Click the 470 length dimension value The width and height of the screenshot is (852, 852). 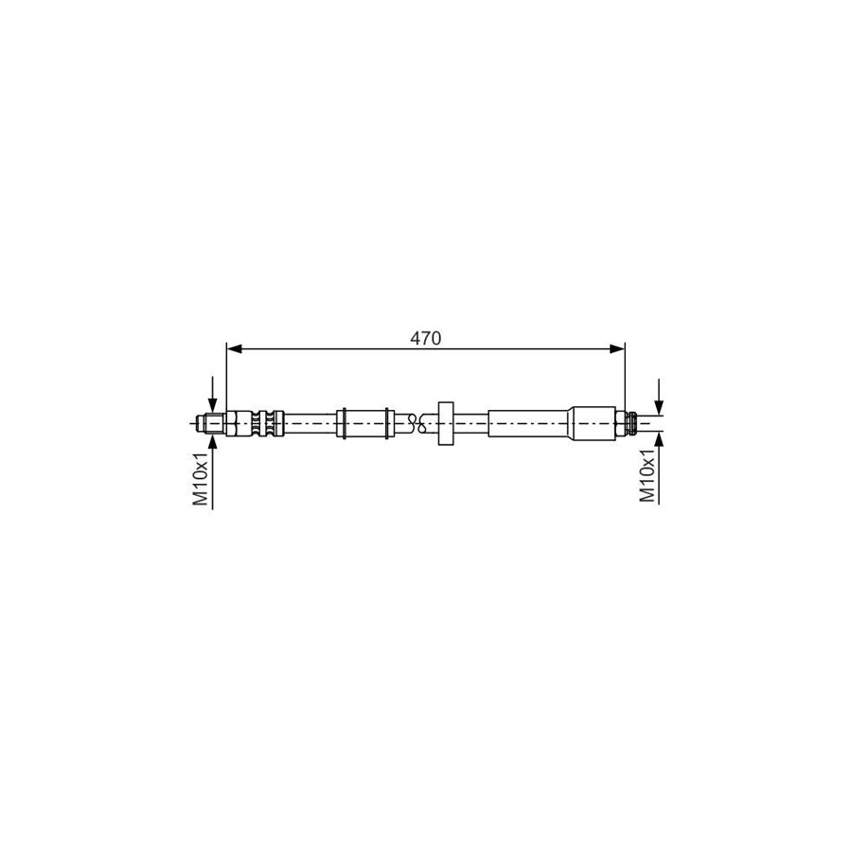425,338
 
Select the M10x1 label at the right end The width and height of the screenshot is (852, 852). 648,476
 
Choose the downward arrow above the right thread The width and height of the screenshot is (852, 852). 660,402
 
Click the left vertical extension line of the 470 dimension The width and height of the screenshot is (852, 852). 227,379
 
